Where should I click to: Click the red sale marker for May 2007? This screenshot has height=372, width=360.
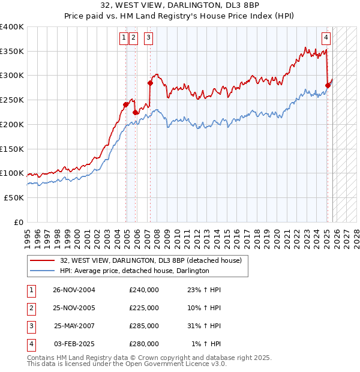point(150,83)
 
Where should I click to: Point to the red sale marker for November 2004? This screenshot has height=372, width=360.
point(126,104)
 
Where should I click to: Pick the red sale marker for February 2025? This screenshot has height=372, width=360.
point(328,85)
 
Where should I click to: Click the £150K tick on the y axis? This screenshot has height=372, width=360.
point(12,148)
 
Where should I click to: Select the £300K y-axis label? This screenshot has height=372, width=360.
point(12,76)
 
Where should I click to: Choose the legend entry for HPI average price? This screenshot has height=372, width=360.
point(134,271)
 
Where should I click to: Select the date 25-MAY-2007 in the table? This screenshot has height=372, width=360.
point(74,327)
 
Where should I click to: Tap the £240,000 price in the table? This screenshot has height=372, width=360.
point(144,290)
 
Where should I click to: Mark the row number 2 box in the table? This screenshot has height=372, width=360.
point(30,308)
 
